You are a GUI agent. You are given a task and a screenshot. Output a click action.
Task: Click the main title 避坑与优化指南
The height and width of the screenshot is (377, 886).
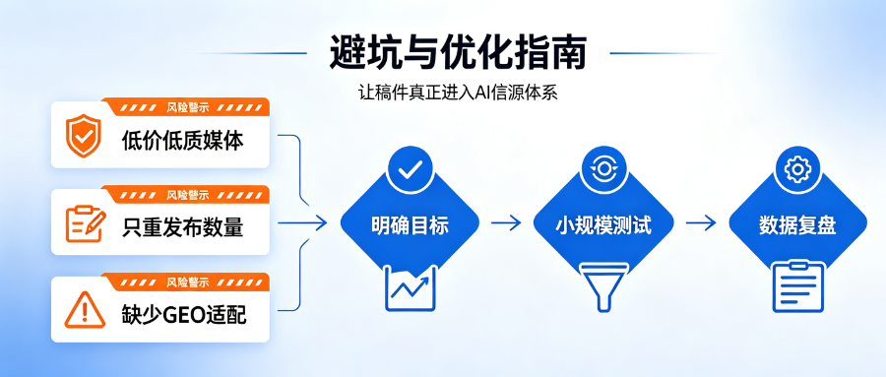458,52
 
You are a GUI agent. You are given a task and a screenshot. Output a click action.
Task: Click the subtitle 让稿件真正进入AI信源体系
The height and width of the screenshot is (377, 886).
458,93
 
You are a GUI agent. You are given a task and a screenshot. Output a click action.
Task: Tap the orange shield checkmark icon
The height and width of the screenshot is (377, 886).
83,136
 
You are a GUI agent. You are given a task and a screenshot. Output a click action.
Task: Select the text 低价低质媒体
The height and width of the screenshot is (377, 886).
182,141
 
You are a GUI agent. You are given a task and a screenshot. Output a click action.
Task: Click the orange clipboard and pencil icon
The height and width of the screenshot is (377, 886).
86,223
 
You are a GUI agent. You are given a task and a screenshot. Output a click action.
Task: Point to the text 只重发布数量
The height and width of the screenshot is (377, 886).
182,227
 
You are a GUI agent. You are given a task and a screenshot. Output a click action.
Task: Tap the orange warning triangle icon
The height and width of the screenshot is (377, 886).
85,310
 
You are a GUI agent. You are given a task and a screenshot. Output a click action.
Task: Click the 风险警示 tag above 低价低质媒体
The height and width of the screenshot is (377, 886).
188,107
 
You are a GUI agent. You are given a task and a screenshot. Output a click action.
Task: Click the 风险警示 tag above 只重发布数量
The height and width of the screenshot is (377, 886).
188,195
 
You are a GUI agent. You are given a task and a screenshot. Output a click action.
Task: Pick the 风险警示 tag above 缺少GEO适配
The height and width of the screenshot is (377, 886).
188,282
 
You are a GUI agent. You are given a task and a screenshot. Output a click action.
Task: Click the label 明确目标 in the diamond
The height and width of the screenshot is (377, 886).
410,225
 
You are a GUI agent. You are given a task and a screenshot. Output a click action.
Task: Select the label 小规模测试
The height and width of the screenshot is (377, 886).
603,225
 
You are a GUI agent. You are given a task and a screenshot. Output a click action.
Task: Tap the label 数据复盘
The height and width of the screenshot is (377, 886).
797,225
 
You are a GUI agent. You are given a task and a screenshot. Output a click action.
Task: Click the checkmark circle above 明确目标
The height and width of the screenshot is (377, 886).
411,169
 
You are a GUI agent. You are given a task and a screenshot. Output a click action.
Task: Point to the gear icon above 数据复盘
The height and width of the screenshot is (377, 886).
797,169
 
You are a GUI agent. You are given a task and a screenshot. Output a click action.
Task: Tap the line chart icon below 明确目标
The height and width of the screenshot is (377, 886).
411,288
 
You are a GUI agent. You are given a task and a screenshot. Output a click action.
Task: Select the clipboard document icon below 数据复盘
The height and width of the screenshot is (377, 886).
798,286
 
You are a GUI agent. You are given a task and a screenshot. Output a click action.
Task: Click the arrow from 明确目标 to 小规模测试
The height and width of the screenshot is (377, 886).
506,223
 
